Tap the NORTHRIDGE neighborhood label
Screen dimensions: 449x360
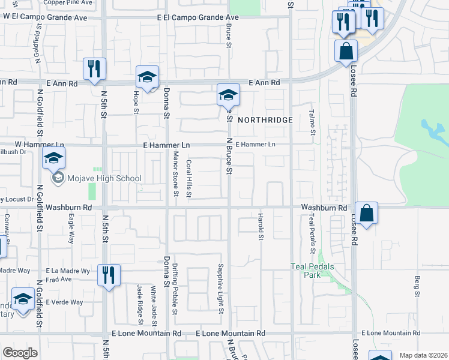point(265,120)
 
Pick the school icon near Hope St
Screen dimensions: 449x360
point(147,76)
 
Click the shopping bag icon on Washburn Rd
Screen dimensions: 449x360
point(366,213)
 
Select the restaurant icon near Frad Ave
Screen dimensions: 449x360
point(109,275)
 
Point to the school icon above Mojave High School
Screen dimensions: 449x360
point(53,158)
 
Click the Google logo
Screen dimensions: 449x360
point(20,353)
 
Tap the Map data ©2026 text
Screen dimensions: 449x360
point(423,355)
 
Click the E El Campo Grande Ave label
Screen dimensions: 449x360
point(197,18)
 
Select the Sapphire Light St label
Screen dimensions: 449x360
point(221,289)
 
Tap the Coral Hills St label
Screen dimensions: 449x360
point(188,178)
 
